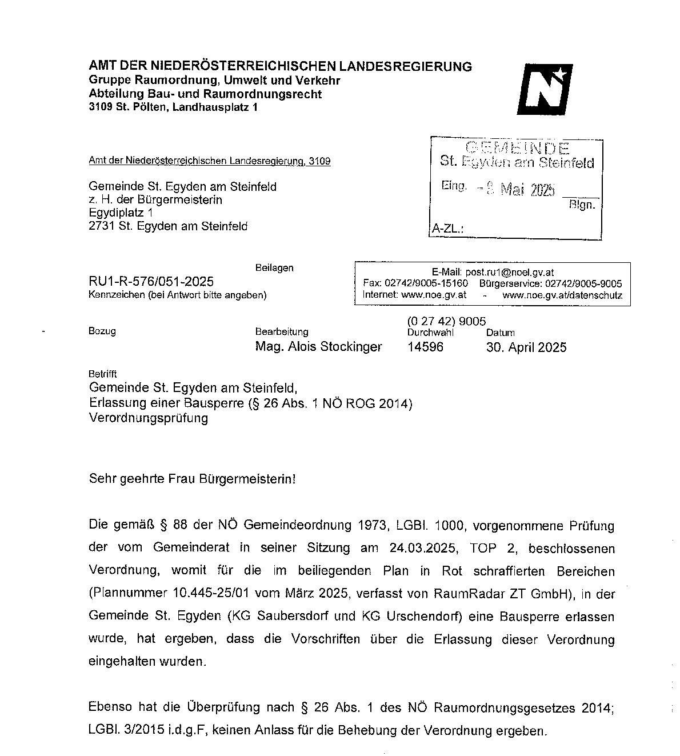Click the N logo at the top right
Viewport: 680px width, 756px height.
pos(544,90)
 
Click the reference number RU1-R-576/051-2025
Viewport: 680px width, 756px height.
pos(151,281)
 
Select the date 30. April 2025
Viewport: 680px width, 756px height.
pos(526,347)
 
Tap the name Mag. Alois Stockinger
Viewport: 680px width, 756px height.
pos(319,347)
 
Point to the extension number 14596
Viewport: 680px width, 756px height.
pos(425,347)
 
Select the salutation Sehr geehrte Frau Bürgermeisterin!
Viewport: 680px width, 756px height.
pos(193,479)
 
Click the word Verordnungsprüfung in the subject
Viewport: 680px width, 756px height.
pos(149,418)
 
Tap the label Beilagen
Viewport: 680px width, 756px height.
pos(274,268)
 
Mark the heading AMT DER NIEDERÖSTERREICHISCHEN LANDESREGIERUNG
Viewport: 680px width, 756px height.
pos(281,66)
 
